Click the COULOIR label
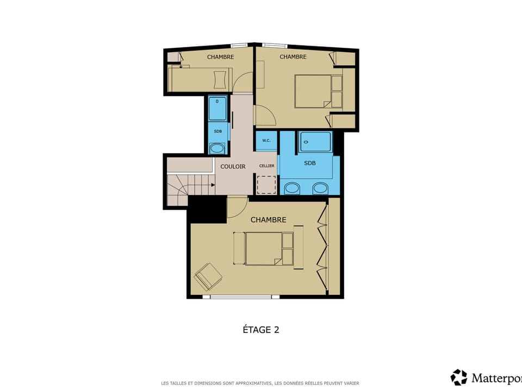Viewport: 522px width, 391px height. pos(233,167)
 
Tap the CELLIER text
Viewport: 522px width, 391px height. pos(266,166)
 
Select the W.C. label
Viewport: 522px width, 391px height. pos(266,141)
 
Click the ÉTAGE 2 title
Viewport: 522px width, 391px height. pos(260,330)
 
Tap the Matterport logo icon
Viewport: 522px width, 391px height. pos(458,377)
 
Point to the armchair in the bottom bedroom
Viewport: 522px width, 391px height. pos(208,276)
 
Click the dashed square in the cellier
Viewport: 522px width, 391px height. pos(266,185)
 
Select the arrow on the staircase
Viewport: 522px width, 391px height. pos(212,185)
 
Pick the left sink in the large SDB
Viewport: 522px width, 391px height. pos(292,188)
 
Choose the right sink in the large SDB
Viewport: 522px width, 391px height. pos(320,188)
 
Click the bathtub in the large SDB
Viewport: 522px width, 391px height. pos(315,142)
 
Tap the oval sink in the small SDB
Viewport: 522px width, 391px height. pos(217,148)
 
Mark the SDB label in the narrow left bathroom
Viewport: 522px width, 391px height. pos(217,131)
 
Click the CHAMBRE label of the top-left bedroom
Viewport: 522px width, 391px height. pos(220,57)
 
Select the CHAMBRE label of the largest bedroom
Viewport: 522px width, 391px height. pos(268,220)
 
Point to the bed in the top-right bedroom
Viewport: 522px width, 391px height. pos(313,91)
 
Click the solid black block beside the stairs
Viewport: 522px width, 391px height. pos(207,210)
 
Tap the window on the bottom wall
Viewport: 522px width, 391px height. pos(241,297)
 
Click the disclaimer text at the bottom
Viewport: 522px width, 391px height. pos(260,383)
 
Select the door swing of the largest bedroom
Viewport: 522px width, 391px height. pos(236,205)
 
